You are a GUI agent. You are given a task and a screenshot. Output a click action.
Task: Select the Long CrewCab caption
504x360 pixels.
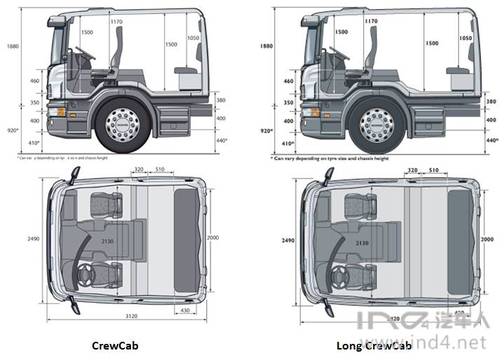[x=374, y=345]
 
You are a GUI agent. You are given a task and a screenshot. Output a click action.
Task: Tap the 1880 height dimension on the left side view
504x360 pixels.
[x=12, y=46]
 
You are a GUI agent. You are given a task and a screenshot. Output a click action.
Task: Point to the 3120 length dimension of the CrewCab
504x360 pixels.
[x=132, y=317]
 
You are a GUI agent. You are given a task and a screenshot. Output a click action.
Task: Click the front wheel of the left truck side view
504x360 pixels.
[x=122, y=125]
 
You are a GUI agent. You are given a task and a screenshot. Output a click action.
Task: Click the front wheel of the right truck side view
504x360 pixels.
[x=376, y=125]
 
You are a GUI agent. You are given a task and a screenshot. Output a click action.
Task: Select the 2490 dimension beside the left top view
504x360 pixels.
[x=32, y=240]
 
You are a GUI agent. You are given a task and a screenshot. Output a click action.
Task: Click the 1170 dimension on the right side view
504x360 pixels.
[x=371, y=22]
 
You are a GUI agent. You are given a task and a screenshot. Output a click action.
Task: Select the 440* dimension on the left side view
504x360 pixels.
[x=223, y=141]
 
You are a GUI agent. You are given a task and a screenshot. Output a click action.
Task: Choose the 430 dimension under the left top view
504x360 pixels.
[x=185, y=309]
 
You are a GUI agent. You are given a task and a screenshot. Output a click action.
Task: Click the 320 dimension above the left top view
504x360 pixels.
[x=139, y=169]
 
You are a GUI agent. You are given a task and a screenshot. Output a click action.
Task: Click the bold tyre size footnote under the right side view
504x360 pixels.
[x=329, y=159]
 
